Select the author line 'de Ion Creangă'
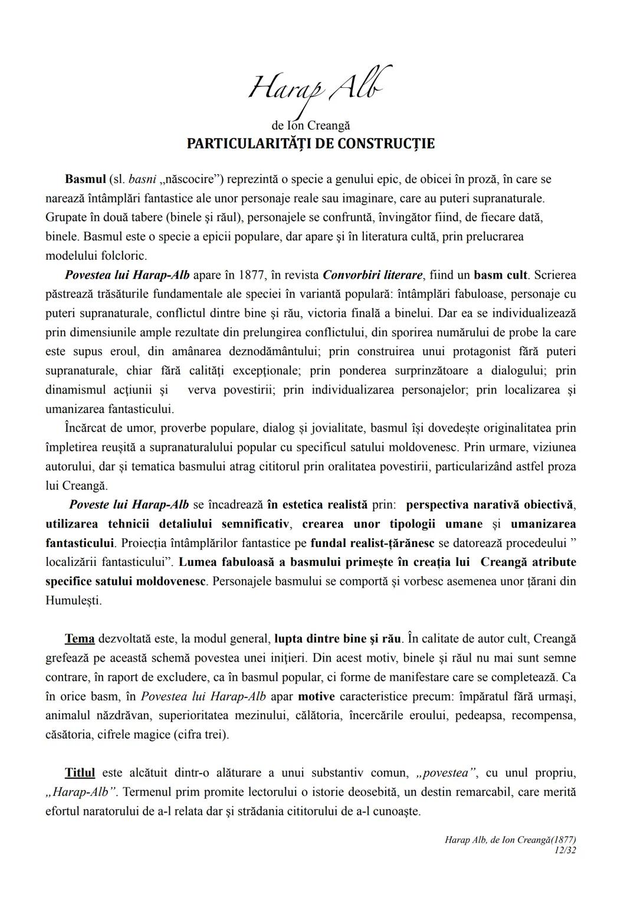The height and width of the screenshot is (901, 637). point(311,126)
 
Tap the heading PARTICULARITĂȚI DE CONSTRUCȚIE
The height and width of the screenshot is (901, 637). point(311,144)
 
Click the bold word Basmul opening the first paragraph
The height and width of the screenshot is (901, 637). point(85,179)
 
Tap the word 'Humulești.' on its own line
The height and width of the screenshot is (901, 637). point(74,601)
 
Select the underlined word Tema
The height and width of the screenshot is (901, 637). point(80,639)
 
